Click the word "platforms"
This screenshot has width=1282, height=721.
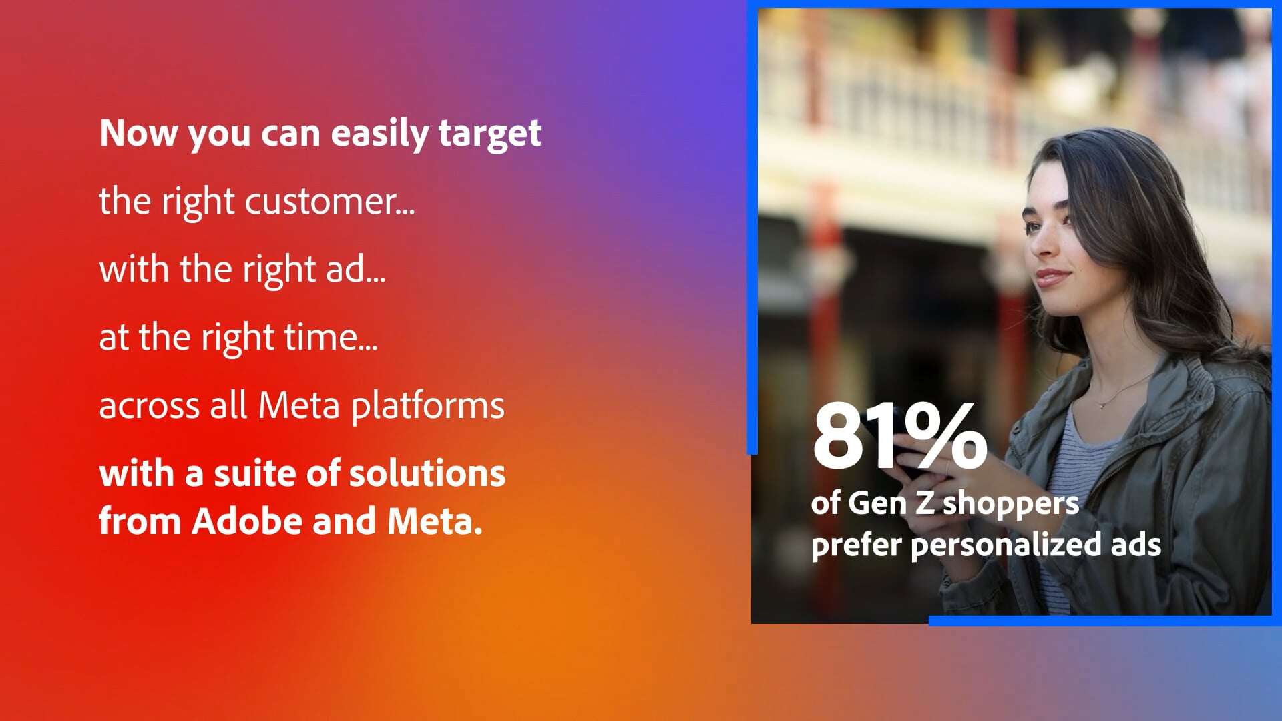click(427, 407)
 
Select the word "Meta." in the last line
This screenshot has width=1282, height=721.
click(435, 521)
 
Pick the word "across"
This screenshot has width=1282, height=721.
click(149, 407)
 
